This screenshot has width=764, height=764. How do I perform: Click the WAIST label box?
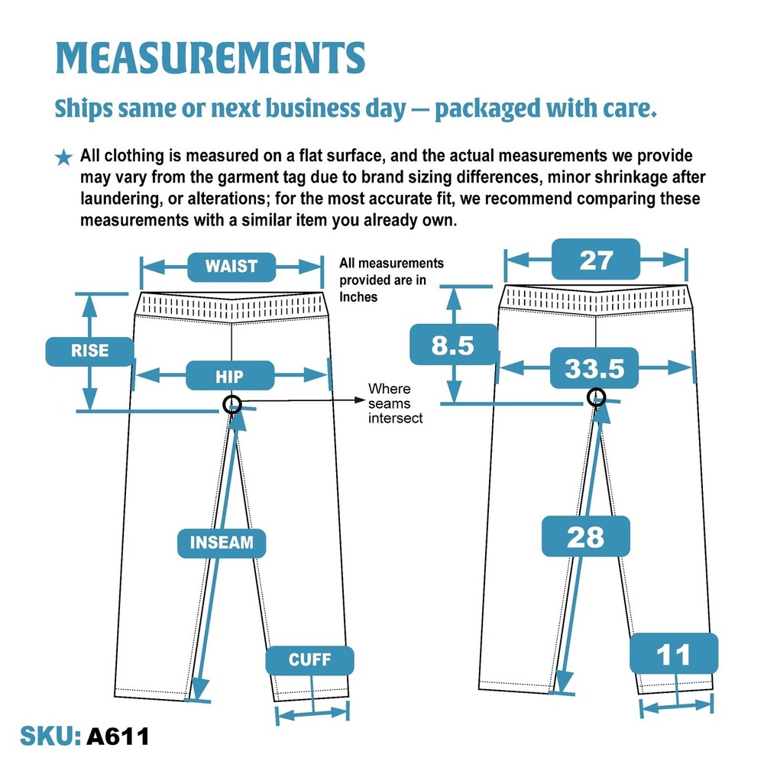(231, 267)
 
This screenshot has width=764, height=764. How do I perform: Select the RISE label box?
(89, 351)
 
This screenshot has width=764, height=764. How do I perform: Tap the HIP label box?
(230, 375)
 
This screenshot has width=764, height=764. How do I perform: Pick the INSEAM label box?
(222, 542)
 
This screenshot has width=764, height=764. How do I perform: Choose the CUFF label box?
(310, 660)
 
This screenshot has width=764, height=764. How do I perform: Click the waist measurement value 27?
(596, 259)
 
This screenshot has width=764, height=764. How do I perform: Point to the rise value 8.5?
(453, 345)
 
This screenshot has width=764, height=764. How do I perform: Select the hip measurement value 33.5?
(594, 368)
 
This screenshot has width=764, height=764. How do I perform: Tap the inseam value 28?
(586, 536)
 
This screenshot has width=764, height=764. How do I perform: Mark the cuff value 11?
(674, 653)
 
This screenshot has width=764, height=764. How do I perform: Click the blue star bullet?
(63, 157)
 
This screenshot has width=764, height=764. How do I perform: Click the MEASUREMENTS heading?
(211, 57)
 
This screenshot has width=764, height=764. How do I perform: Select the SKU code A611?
(118, 736)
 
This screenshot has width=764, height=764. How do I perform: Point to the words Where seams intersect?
(395, 403)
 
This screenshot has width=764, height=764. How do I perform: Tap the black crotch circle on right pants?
(596, 397)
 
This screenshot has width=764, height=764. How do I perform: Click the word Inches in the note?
(358, 296)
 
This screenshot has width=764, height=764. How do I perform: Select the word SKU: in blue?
(50, 736)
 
